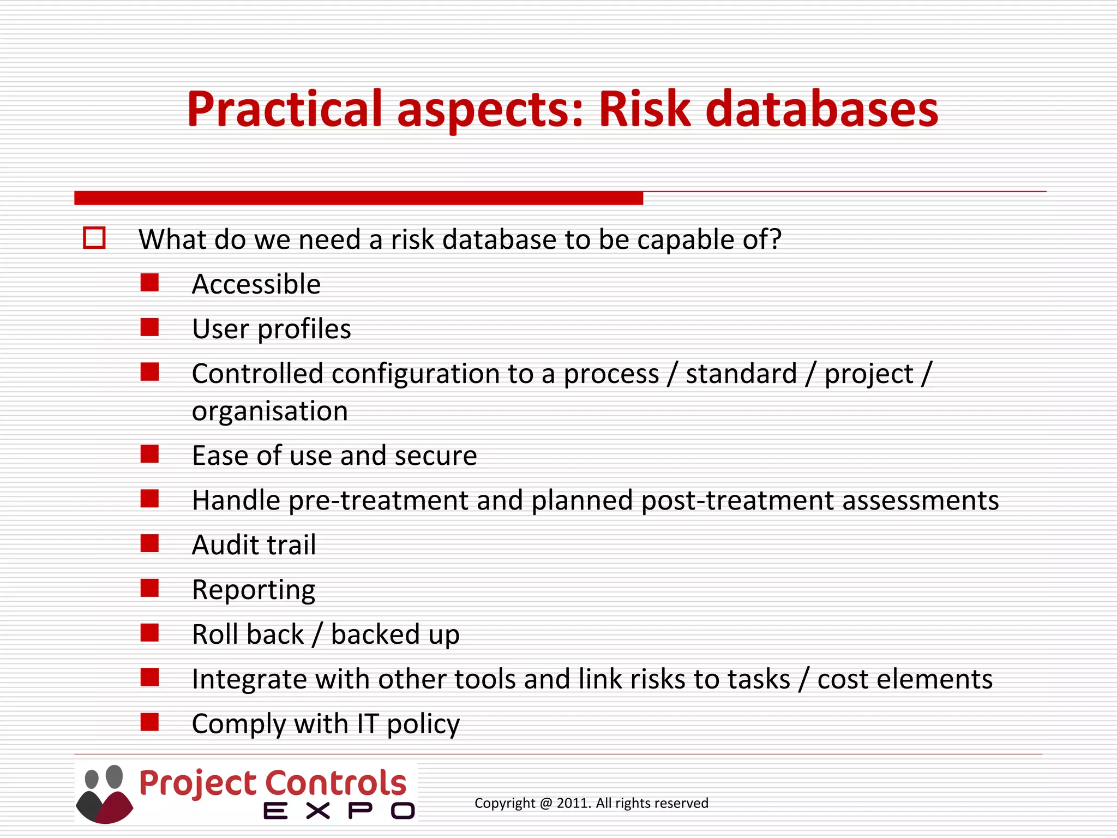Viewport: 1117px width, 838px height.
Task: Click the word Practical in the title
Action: [285, 109]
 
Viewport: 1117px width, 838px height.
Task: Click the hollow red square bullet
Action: [94, 238]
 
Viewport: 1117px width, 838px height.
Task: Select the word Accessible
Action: [256, 284]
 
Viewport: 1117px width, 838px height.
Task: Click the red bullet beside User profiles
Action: [149, 328]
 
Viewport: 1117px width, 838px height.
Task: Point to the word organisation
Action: [269, 411]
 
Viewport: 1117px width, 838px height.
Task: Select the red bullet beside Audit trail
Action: [149, 543]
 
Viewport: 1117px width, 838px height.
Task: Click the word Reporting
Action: [254, 590]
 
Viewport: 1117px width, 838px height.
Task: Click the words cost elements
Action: [905, 680]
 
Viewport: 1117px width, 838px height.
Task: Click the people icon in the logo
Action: [104, 794]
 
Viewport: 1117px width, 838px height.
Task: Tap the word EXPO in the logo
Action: [339, 811]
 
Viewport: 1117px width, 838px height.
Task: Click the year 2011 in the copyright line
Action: [572, 803]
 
